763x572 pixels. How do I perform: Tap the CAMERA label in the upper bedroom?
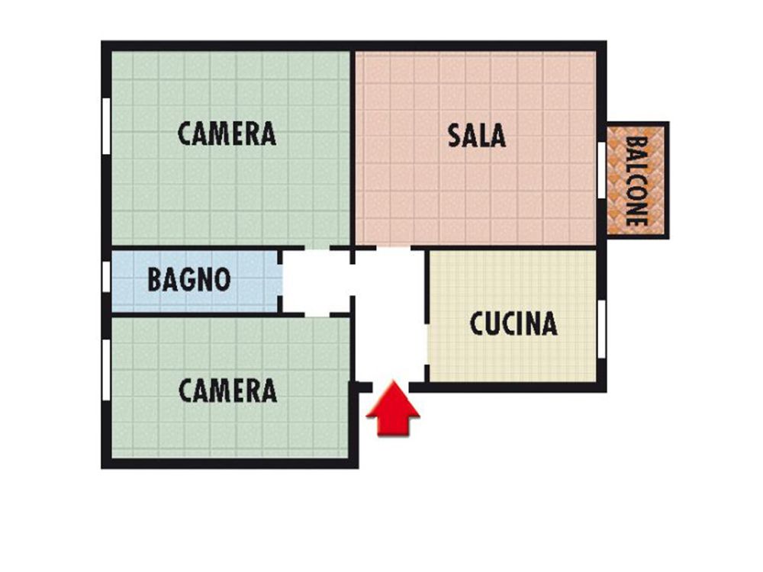point(227,133)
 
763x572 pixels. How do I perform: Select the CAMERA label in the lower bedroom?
point(227,390)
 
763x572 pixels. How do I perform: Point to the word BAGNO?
point(188,279)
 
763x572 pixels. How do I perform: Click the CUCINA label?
point(513,323)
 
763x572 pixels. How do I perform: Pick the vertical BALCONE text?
point(636,181)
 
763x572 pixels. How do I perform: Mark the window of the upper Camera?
point(106,127)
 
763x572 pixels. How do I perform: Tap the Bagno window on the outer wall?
point(106,277)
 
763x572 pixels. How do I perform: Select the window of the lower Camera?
point(106,370)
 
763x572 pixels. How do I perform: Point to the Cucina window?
point(602,329)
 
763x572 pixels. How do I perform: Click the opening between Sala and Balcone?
point(602,170)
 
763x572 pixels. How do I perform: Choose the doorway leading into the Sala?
point(393,248)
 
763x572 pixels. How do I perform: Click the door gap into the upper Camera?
point(317,248)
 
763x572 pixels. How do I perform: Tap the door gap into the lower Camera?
point(317,315)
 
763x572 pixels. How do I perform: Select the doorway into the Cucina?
point(427,344)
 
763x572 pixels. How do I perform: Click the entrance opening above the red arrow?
point(390,387)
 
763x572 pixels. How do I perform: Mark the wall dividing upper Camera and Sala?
point(353,149)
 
